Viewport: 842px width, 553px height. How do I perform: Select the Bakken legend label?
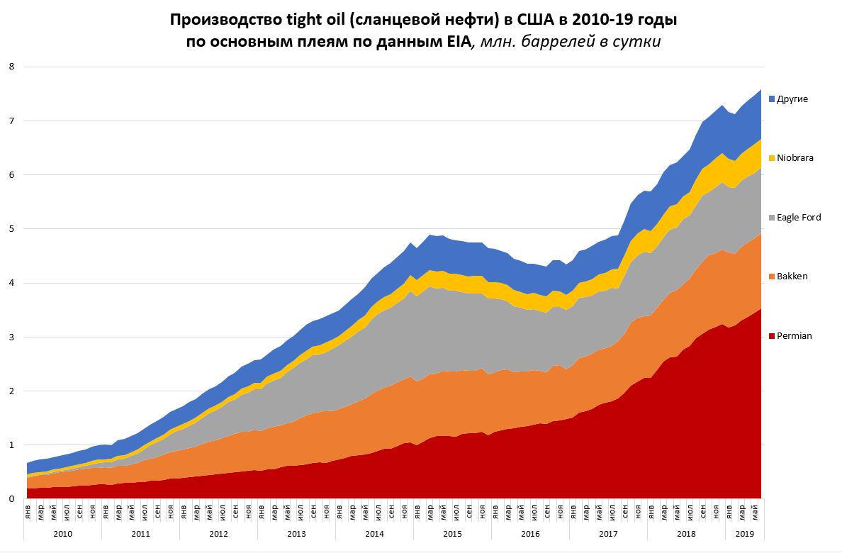click(x=792, y=276)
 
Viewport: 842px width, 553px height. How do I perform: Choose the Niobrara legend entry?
click(x=794, y=158)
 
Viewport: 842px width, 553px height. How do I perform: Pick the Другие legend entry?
click(x=792, y=99)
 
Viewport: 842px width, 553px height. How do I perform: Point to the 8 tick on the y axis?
click(x=11, y=67)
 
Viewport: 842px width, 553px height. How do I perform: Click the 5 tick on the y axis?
click(x=11, y=229)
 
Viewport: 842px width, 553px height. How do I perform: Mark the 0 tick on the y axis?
click(x=11, y=499)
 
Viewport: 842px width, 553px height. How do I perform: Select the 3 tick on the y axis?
click(x=11, y=337)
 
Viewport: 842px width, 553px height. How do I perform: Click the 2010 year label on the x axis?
click(x=62, y=534)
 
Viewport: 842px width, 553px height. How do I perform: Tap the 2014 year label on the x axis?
click(x=374, y=534)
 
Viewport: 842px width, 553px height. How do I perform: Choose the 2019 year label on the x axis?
click(x=744, y=534)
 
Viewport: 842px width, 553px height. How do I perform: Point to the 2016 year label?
click(x=530, y=534)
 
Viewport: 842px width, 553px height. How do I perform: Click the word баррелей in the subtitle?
click(x=553, y=42)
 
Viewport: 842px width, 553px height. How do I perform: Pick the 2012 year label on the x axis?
click(x=218, y=534)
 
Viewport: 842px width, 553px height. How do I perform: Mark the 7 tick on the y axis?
click(x=11, y=121)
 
